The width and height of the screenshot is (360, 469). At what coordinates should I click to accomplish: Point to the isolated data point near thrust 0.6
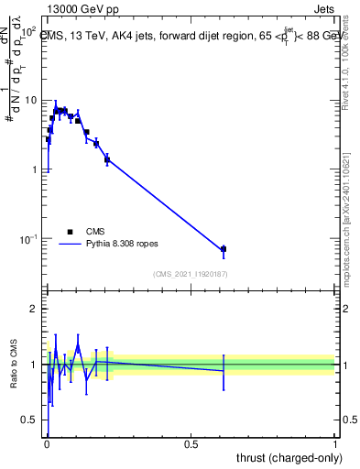[223, 249]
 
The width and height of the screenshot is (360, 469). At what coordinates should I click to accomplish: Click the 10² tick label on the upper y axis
[28, 30]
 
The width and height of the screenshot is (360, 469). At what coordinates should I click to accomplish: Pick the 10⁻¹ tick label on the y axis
[27, 239]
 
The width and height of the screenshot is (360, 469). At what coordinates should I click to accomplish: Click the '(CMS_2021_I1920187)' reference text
[190, 273]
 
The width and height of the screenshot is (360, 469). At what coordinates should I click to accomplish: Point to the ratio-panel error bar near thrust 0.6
[223, 370]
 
